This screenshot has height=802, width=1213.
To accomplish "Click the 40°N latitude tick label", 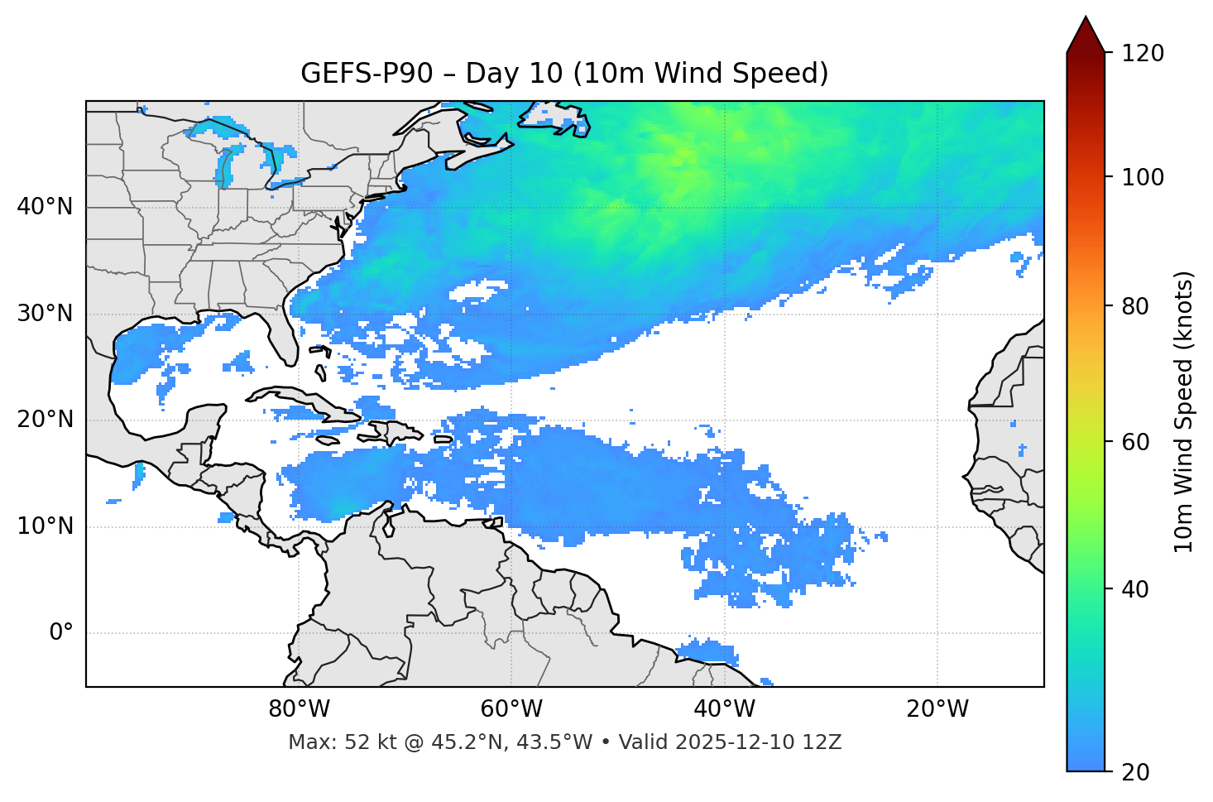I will click(45, 207).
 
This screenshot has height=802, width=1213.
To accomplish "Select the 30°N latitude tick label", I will click(45, 314).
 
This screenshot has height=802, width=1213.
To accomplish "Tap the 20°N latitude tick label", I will click(45, 420).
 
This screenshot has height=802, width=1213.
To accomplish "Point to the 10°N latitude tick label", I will click(45, 526).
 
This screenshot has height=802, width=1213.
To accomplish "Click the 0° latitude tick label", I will click(60, 633).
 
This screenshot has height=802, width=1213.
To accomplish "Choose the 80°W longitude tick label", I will click(299, 709).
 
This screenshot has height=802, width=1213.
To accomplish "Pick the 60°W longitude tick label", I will click(511, 709).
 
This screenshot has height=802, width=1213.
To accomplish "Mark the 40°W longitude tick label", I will click(724, 709).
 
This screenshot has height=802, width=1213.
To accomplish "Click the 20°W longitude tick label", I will click(937, 709).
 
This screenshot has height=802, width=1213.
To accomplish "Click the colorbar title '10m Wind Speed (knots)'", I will click(1184, 411).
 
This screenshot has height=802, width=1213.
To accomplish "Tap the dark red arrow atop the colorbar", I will click(1086, 36).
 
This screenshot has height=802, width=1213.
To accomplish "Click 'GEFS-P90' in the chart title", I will click(367, 74).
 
